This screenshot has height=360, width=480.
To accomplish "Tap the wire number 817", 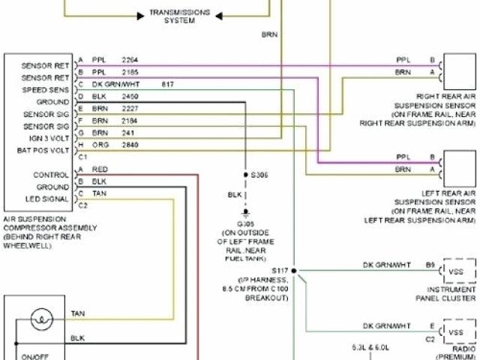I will click(167, 84).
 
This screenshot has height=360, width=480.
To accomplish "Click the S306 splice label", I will click(262, 175).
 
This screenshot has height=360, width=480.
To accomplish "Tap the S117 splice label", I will click(279, 269).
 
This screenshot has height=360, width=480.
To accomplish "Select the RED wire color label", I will click(99, 169).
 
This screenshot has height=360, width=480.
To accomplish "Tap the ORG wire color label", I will click(99, 145).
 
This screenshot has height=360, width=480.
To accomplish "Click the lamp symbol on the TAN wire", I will click(42, 320).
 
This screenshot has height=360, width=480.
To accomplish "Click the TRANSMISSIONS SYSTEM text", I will click(180, 16).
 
